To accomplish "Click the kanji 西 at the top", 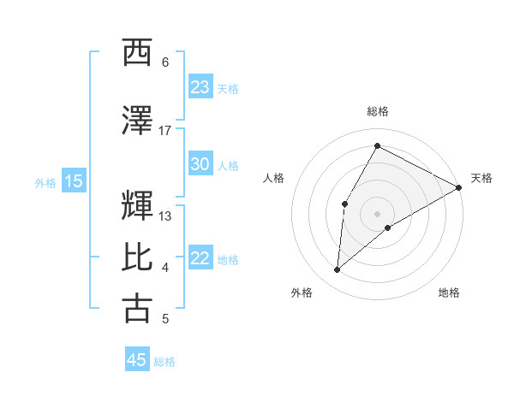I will point(138,53).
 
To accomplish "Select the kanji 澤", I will point(138,121).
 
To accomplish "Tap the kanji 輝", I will point(138,206).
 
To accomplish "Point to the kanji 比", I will point(138,258).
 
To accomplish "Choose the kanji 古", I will point(138,309).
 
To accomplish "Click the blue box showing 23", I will point(200,87).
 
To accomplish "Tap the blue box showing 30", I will point(200,165).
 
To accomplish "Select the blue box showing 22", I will point(200,259).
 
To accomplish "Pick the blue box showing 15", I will point(74,181).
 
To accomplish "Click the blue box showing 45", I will point(137,360).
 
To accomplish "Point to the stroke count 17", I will point(164,131).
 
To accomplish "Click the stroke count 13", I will point(165,216).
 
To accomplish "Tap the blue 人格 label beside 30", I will point(228,166).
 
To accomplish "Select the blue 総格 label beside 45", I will point(164,361).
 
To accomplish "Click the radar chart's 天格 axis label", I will point(481,178).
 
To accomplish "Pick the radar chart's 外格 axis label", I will point(302,293).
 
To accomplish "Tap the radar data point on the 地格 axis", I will point(388,227).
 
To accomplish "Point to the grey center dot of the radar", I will point(377,212).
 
